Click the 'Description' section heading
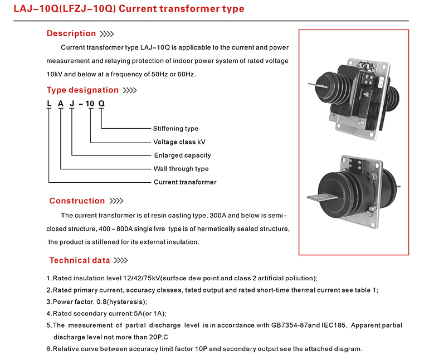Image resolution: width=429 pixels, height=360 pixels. (71, 33)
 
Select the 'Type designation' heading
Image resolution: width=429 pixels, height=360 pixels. (82, 90)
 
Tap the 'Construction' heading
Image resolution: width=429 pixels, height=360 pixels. (77, 201)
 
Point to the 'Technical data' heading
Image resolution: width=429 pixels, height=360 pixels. (80, 260)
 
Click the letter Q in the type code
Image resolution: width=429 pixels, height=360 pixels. (101, 104)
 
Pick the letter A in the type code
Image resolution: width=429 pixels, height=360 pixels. (61, 104)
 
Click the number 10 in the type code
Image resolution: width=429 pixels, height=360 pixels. (90, 104)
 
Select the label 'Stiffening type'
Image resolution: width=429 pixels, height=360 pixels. (175, 128)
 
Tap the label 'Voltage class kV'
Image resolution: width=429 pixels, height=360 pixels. (179, 142)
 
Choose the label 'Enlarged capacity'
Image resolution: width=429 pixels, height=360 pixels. (183, 155)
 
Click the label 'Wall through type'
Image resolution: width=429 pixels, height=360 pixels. (181, 169)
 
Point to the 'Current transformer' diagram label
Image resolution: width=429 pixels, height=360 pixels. (185, 182)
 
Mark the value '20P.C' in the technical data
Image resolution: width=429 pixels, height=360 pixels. (158, 337)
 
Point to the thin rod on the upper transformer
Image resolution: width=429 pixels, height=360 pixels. (318, 85)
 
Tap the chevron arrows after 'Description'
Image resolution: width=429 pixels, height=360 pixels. (107, 34)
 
